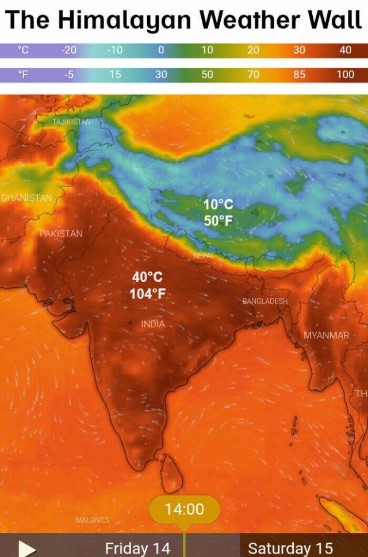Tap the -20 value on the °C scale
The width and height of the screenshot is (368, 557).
click(68, 50)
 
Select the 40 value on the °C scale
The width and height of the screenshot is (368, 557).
click(345, 50)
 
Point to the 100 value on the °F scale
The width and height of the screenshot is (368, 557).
click(345, 74)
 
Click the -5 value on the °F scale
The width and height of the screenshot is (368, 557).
click(68, 74)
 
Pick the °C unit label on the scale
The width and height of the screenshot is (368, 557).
click(23, 50)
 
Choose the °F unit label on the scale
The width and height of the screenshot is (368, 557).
click(23, 74)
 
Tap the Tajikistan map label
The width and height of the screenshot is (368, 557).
click(71, 122)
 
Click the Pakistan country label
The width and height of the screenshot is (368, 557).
click(61, 234)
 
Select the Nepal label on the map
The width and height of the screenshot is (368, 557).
click(204, 256)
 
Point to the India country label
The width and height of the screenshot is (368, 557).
click(153, 324)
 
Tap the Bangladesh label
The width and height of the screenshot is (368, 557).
click(264, 301)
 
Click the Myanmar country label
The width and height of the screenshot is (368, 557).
click(326, 335)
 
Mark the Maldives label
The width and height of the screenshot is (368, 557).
click(92, 520)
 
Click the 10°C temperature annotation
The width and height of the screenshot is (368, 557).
click(218, 204)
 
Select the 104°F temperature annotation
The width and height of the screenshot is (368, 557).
click(147, 294)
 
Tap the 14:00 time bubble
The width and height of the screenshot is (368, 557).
click(184, 509)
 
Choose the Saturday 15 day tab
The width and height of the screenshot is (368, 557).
click(290, 548)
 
